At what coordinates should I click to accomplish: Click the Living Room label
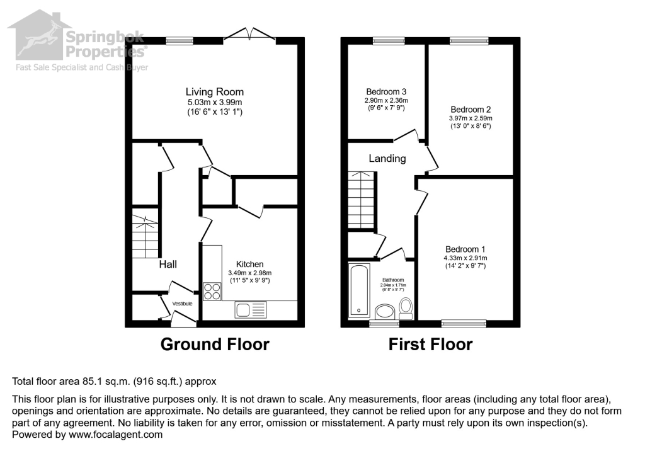click(x=214, y=92)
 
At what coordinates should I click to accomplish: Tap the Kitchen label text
click(x=249, y=264)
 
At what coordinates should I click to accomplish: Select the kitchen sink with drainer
click(x=251, y=310)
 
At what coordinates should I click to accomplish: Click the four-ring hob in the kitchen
click(x=212, y=292)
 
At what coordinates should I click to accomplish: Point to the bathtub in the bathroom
click(x=359, y=290)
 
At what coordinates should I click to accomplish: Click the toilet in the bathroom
click(x=406, y=309)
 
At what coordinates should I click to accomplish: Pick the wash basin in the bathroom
click(x=385, y=311)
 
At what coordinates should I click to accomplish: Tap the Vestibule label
click(x=182, y=304)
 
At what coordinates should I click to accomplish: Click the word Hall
click(x=168, y=264)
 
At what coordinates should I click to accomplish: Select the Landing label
click(x=387, y=159)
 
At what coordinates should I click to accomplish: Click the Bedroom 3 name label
click(x=386, y=92)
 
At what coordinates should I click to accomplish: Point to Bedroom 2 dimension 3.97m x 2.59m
click(x=471, y=118)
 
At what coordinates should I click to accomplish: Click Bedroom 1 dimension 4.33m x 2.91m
click(x=465, y=258)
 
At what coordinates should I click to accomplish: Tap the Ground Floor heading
click(x=215, y=344)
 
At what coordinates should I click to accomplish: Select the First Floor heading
click(x=430, y=344)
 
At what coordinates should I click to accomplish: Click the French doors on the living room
click(x=249, y=35)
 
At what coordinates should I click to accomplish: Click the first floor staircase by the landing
click(x=362, y=200)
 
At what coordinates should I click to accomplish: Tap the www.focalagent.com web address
click(x=116, y=435)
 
